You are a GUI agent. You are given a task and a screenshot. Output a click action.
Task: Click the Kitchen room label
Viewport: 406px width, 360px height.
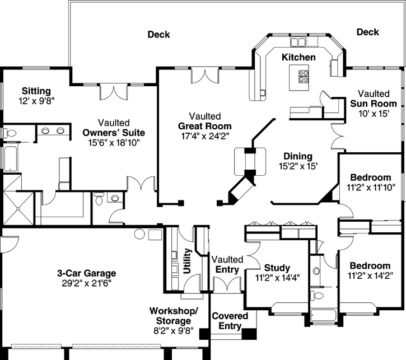tap(298, 57)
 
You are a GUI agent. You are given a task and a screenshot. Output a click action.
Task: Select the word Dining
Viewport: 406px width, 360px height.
tap(297, 156)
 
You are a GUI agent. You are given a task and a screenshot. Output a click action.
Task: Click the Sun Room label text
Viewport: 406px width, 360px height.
tap(374, 104)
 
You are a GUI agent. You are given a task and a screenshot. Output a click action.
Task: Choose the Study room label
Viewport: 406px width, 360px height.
tap(277, 267)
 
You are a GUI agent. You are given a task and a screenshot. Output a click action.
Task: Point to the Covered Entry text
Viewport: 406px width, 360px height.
tap(230, 321)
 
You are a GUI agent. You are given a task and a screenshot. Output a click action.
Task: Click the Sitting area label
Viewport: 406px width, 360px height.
tap(36, 91)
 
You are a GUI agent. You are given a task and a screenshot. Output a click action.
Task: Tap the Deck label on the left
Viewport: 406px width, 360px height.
tap(158, 35)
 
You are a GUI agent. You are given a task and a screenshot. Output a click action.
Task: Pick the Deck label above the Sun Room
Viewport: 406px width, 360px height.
tap(367, 32)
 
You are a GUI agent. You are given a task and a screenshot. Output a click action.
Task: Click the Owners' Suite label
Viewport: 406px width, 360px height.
tap(114, 133)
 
